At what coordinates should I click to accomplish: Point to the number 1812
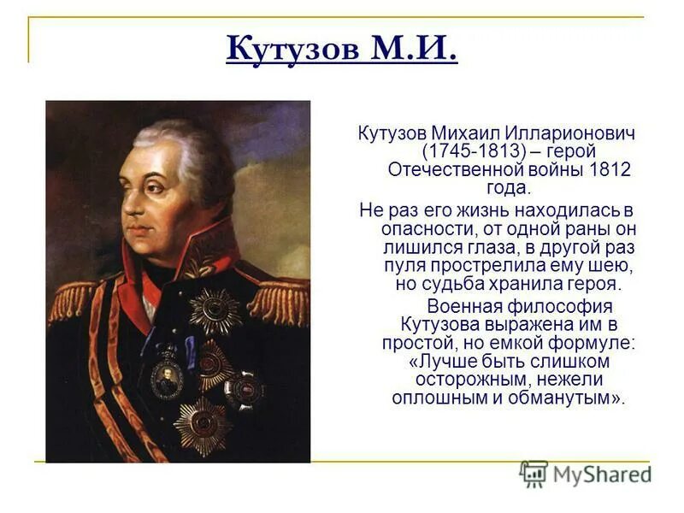click(x=610, y=169)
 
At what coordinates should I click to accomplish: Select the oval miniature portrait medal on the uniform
click(x=168, y=376)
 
